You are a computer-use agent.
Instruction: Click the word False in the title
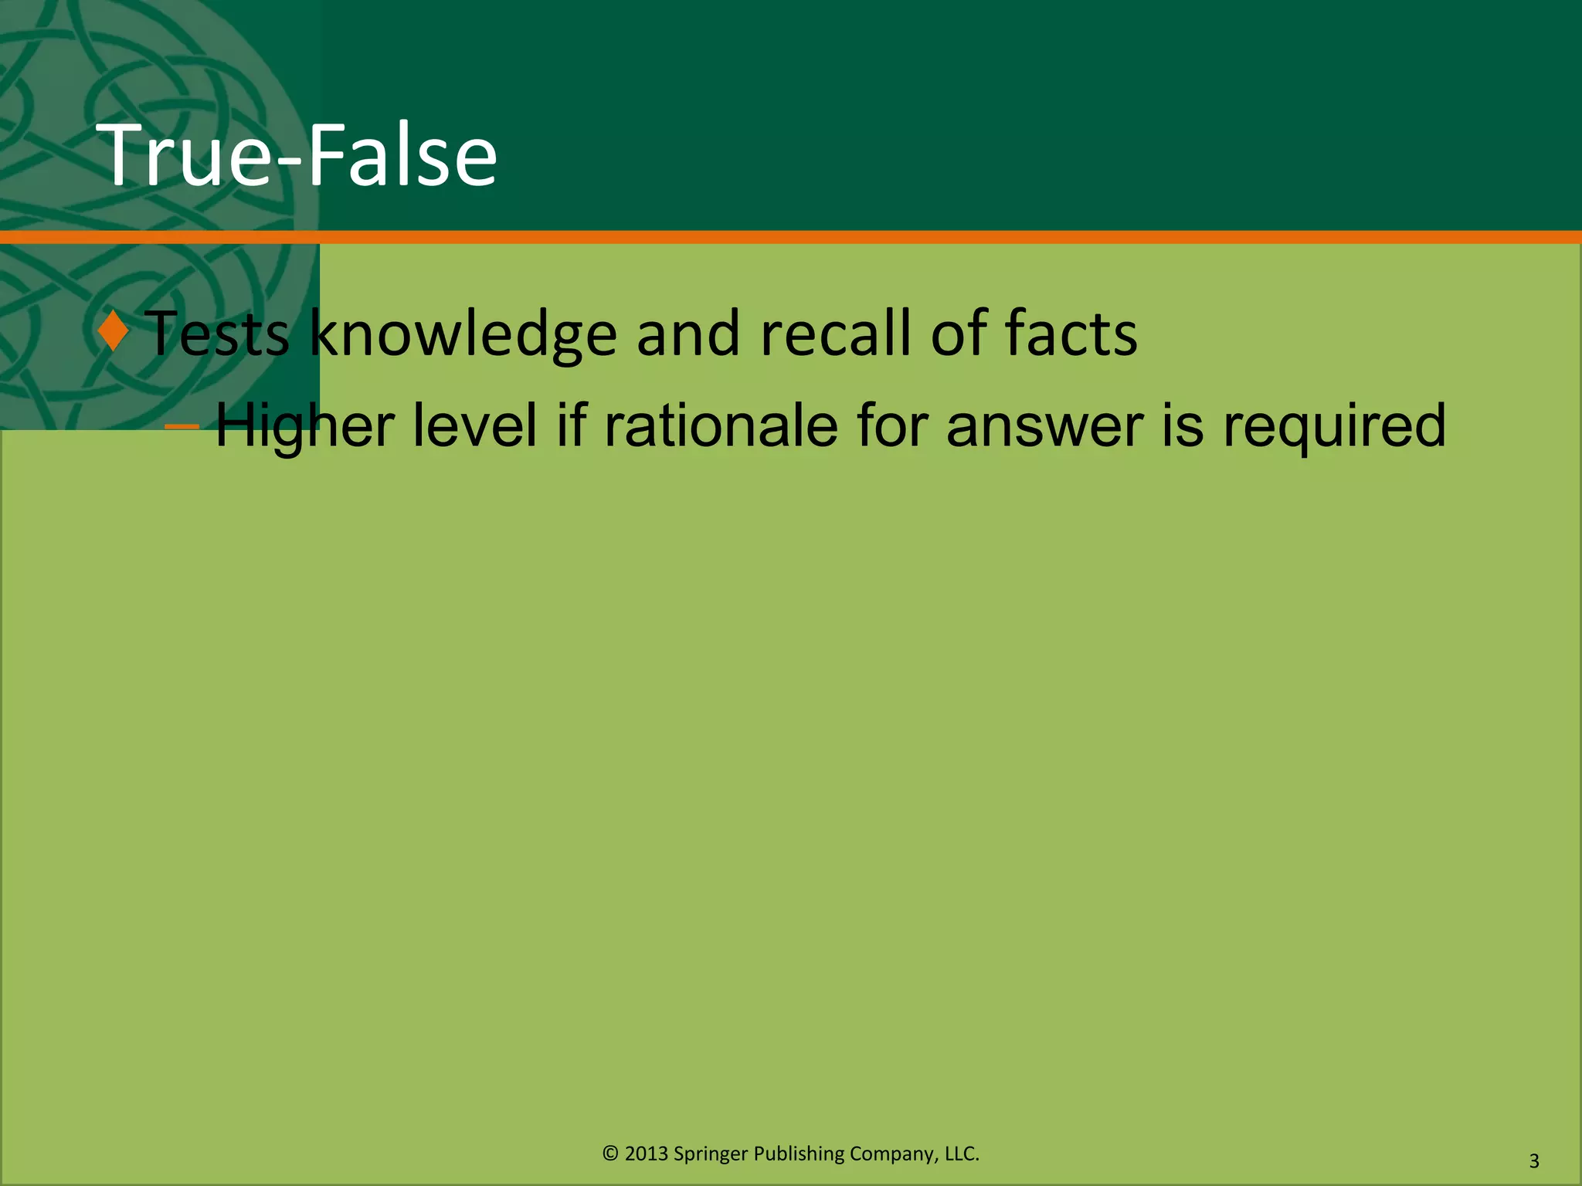[402, 156]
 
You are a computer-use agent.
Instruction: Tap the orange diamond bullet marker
[114, 331]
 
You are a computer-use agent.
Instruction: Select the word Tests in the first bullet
[217, 334]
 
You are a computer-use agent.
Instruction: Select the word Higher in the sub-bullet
[304, 426]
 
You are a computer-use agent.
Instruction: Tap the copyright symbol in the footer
[610, 1154]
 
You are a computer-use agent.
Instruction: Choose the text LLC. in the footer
[962, 1154]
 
